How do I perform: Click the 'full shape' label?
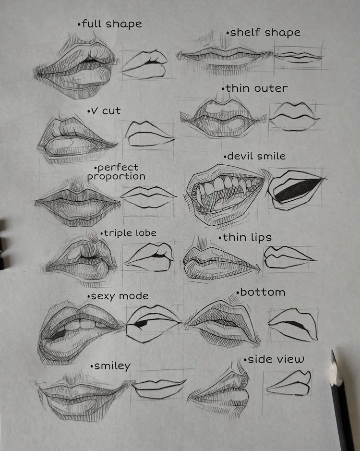110,24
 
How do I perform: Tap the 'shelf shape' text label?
264,32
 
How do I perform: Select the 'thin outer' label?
255,88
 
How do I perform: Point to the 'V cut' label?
104,111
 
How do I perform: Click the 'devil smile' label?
255,156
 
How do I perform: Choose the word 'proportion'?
116,176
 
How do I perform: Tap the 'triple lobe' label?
129,233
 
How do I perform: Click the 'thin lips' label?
245,238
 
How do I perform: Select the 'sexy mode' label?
118,296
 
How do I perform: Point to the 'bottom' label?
261,292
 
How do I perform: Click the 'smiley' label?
111,366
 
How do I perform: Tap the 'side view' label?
274,359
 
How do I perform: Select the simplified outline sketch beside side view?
289,383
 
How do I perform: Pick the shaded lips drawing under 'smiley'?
84,397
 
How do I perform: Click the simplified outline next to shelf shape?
298,57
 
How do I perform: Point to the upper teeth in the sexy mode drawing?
81,325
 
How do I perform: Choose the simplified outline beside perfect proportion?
148,197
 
